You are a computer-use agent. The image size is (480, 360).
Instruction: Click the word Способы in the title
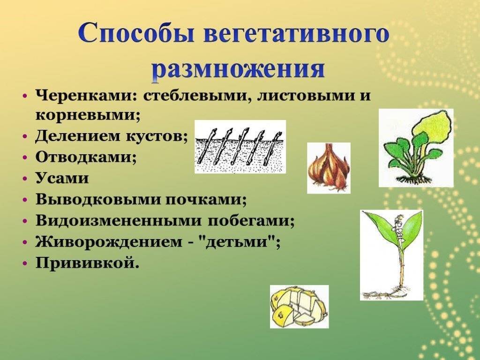[136, 33]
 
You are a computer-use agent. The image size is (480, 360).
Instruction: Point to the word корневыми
[88, 116]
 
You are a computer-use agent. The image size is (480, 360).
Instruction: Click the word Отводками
[86, 157]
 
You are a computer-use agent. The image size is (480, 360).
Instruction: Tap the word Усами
[62, 178]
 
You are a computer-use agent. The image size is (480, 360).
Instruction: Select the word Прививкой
[87, 262]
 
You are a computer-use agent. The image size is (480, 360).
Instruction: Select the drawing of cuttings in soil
[240, 146]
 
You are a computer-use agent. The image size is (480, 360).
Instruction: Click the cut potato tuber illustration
[299, 307]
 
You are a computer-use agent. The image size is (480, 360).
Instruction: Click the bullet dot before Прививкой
[26, 263]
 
